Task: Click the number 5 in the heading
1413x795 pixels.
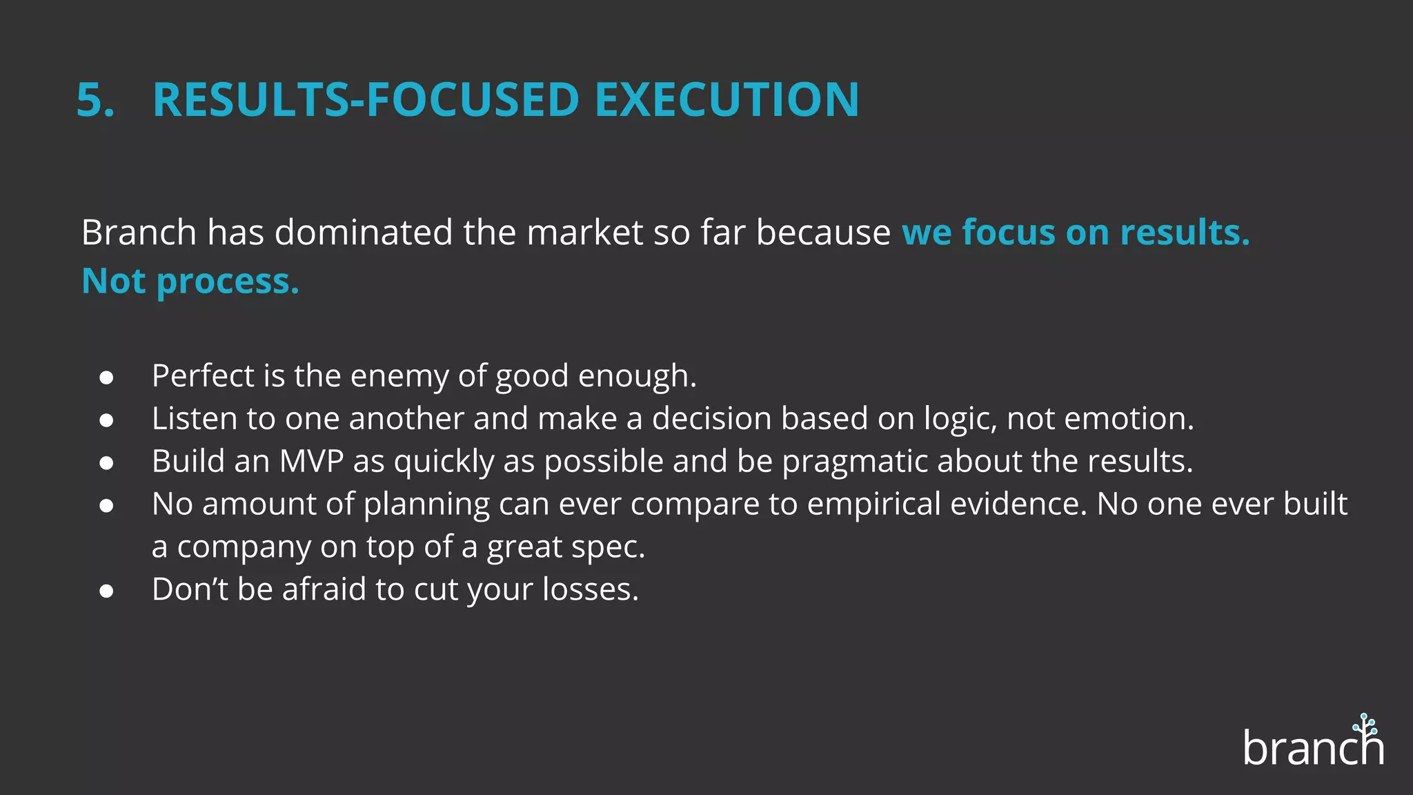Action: pos(91,100)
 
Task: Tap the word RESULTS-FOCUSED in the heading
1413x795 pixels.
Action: pos(366,100)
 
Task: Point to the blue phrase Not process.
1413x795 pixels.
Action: pos(190,282)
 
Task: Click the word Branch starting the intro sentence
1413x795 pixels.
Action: pos(139,233)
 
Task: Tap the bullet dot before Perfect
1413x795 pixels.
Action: pos(106,377)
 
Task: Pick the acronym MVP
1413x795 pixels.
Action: pos(311,462)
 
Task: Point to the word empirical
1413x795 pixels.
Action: pos(873,504)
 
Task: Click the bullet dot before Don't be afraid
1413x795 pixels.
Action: pos(106,591)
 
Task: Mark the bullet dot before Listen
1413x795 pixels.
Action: pos(106,420)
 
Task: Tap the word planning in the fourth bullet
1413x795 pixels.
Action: pos(426,504)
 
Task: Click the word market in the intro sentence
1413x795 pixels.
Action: pos(585,233)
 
